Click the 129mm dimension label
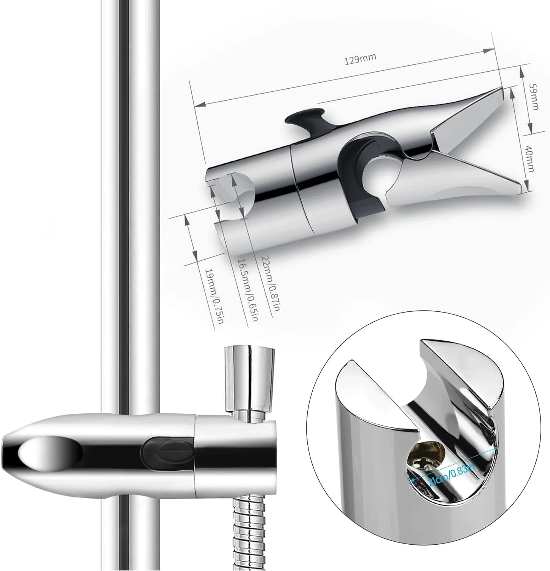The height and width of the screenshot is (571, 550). [x=360, y=60]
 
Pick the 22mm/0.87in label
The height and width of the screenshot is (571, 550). [x=270, y=285]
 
